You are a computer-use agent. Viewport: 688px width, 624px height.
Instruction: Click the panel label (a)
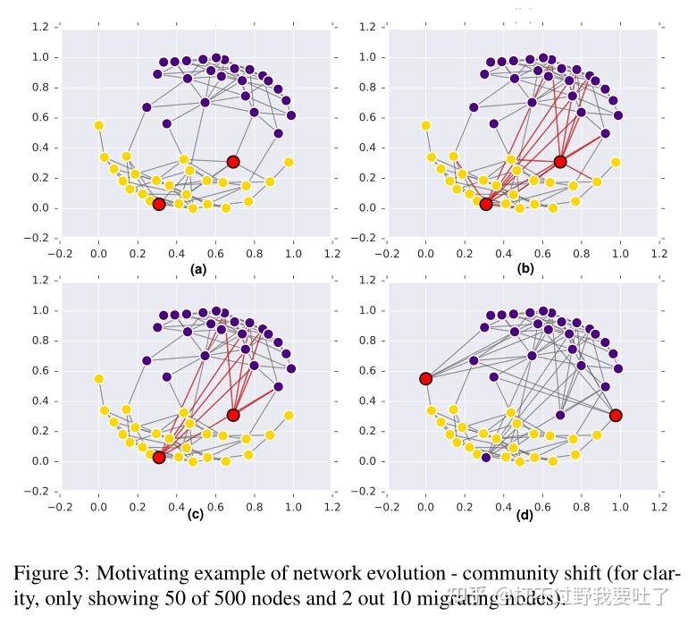197,269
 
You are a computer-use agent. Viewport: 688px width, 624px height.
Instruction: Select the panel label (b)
524,269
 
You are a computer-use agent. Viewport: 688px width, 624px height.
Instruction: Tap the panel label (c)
197,515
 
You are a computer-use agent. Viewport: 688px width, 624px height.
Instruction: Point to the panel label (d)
524,515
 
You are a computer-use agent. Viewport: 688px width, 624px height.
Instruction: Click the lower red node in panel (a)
158,205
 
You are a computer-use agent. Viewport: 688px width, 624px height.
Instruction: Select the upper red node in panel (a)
233,162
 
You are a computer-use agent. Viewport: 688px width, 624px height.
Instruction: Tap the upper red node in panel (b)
560,162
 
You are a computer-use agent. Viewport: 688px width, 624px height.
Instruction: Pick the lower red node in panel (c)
158,458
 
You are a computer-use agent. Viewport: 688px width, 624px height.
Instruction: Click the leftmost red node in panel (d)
426,379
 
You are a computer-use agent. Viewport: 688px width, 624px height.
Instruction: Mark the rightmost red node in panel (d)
617,416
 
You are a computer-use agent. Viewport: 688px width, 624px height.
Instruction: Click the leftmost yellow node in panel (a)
98,125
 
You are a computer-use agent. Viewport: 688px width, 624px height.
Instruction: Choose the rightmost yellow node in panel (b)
617,162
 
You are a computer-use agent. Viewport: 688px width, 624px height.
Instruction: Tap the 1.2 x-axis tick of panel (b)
659,254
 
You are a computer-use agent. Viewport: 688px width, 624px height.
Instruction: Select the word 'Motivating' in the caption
140,573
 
